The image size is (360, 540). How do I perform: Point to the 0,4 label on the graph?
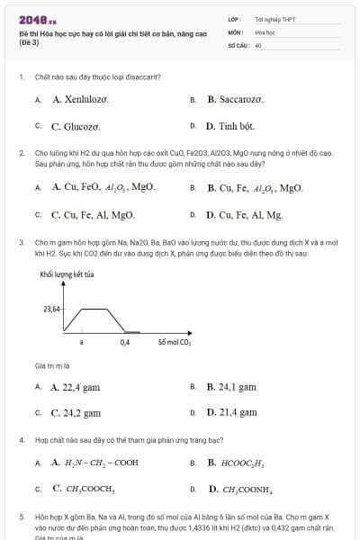pos(124,343)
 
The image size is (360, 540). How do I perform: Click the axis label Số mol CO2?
pos(174,343)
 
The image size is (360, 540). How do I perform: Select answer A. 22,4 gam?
pos(75,387)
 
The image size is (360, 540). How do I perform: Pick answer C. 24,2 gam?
pos(75,413)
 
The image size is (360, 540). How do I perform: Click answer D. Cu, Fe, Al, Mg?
pos(244,215)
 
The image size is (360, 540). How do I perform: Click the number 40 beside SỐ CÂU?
pos(258,44)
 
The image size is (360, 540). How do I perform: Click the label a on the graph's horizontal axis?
pos(82,343)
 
